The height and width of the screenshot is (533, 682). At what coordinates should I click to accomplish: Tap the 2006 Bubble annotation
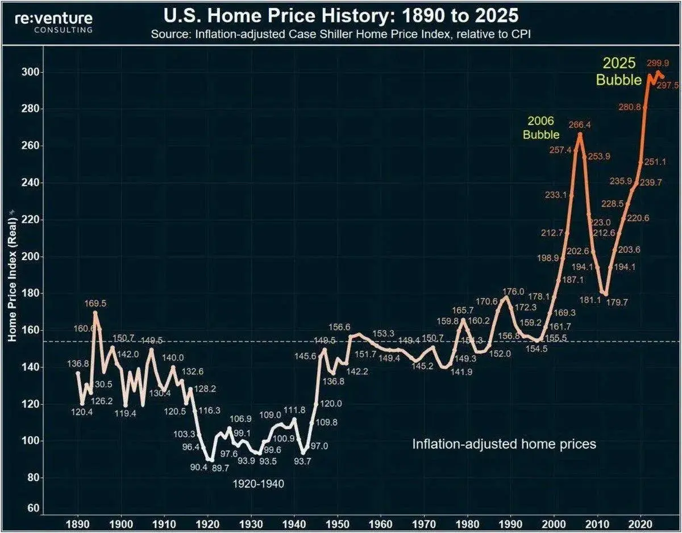pos(541,128)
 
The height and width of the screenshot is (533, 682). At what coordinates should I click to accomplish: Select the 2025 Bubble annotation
pos(619,72)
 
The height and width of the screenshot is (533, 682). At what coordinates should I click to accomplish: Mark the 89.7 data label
pos(222,467)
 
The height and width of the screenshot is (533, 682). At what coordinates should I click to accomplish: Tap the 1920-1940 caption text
pos(258,484)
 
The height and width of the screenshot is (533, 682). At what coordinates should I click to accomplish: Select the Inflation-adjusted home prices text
pos(504,443)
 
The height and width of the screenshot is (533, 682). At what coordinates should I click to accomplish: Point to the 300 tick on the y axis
pos(32,72)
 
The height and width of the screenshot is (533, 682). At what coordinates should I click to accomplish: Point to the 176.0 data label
pos(513,292)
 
